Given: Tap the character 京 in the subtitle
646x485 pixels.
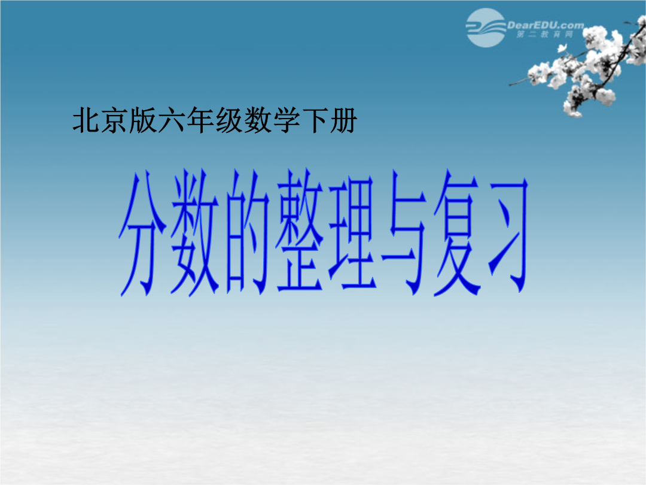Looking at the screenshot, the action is [x=114, y=120].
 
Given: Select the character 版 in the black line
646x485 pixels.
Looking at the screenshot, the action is [x=143, y=120].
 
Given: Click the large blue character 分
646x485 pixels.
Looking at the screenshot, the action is [x=142, y=234].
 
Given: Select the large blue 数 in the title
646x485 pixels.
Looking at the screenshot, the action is [x=195, y=232].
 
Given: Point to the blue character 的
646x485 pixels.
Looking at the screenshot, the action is [x=247, y=232].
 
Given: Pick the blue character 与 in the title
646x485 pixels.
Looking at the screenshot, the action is [x=404, y=232].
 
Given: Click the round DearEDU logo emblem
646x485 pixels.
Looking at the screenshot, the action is [x=486, y=28].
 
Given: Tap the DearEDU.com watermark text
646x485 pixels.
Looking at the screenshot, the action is [x=546, y=26].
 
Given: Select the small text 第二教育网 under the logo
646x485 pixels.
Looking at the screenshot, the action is [x=545, y=35].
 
